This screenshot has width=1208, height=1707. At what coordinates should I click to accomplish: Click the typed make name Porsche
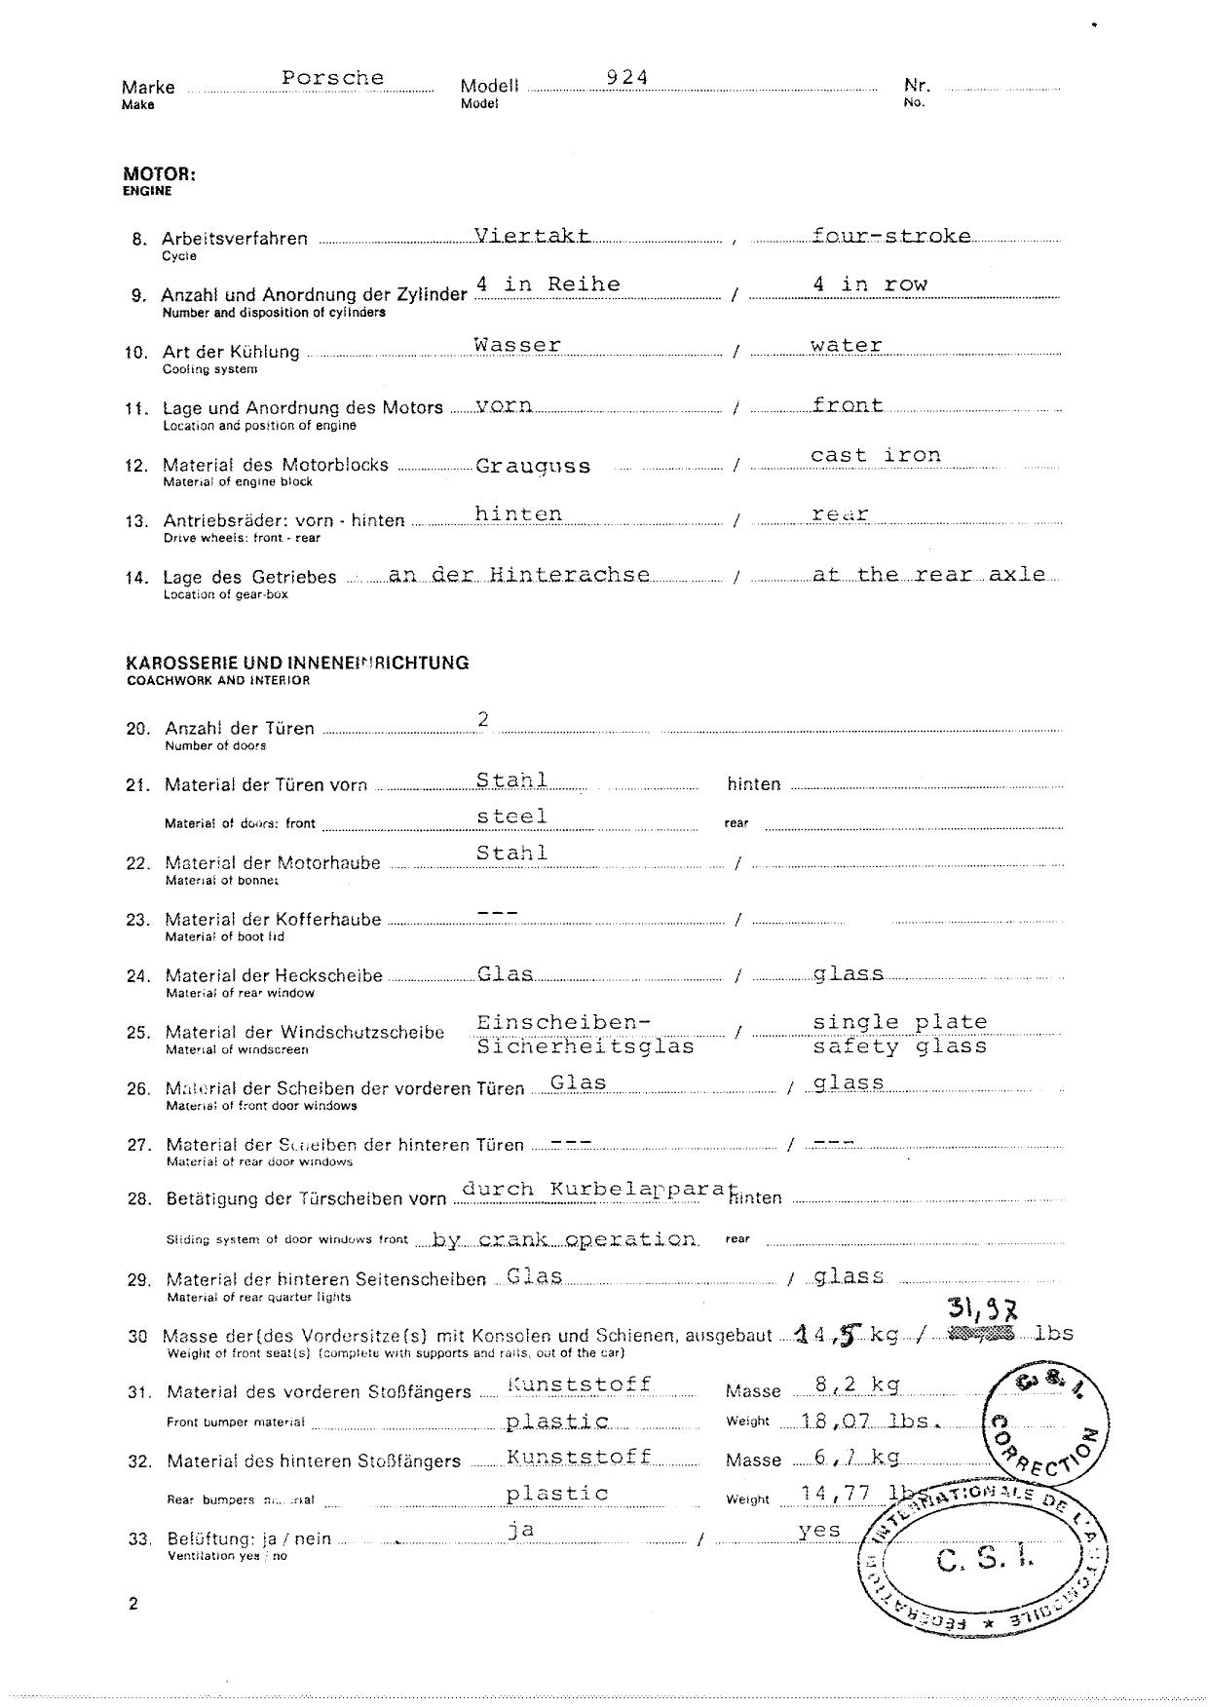pos(333,78)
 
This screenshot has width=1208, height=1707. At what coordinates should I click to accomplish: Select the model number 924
pos(627,77)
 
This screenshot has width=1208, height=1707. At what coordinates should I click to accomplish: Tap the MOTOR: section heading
pos(159,174)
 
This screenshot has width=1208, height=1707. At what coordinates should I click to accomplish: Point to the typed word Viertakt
pos(532,235)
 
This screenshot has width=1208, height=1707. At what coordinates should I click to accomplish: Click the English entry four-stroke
pos(891,236)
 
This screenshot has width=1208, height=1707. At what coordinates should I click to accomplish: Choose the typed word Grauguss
pos(533,466)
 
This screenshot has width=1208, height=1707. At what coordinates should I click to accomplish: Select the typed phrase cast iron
pos(876,455)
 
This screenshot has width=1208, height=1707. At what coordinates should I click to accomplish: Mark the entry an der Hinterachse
pos(518,575)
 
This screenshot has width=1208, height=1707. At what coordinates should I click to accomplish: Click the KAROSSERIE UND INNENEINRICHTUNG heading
pos(297,663)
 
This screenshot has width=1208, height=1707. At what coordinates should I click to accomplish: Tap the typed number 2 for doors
pos(482,719)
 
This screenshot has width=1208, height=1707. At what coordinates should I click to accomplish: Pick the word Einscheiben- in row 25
pos(563,1022)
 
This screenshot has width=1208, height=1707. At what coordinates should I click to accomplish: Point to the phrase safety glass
pos(900,1046)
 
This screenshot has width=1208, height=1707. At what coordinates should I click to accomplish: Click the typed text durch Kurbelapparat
pos(594,1189)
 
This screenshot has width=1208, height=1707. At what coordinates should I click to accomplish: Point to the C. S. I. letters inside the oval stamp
pos(984,1561)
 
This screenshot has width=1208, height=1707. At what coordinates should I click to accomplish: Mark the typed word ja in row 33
pos(521,1530)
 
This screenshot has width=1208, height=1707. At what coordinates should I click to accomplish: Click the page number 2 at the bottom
pos(132,1604)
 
